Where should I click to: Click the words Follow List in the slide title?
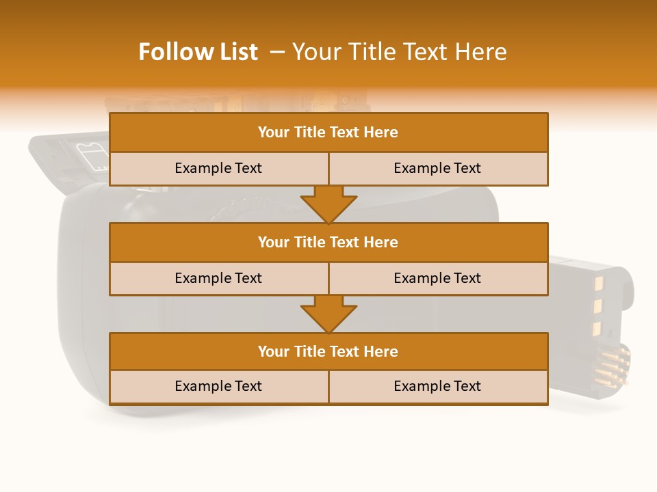[x=198, y=53]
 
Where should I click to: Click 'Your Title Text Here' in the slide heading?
[x=400, y=53]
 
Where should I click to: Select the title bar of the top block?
[x=328, y=133]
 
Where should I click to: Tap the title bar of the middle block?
[x=328, y=242]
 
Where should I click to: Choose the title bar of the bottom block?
[x=328, y=351]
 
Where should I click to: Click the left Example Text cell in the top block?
[x=218, y=169]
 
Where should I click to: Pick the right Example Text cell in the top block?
[x=437, y=169]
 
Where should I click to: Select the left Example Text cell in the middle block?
[x=218, y=278]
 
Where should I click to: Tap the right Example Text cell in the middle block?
[x=437, y=278]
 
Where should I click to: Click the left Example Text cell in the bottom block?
[x=218, y=387]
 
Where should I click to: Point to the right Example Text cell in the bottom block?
[x=437, y=387]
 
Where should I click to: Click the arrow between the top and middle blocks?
[x=328, y=204]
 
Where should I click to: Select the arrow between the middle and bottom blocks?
[x=328, y=314]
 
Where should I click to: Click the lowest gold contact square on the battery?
[x=596, y=329]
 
